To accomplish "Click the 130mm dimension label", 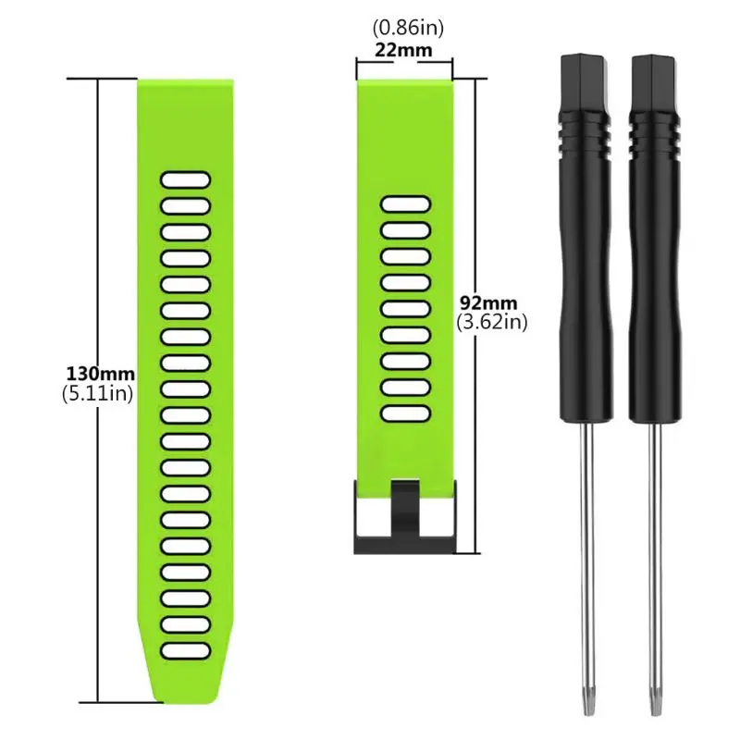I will click(x=100, y=375).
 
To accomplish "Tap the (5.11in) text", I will click(x=100, y=393).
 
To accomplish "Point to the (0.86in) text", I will click(x=404, y=31).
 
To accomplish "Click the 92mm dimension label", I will click(x=489, y=302).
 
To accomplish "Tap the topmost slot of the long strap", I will click(x=185, y=179).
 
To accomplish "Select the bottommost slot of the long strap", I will click(x=185, y=651).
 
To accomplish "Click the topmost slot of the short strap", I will click(x=405, y=203).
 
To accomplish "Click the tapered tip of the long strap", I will click(x=185, y=689).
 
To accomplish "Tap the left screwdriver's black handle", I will click(x=586, y=277).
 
